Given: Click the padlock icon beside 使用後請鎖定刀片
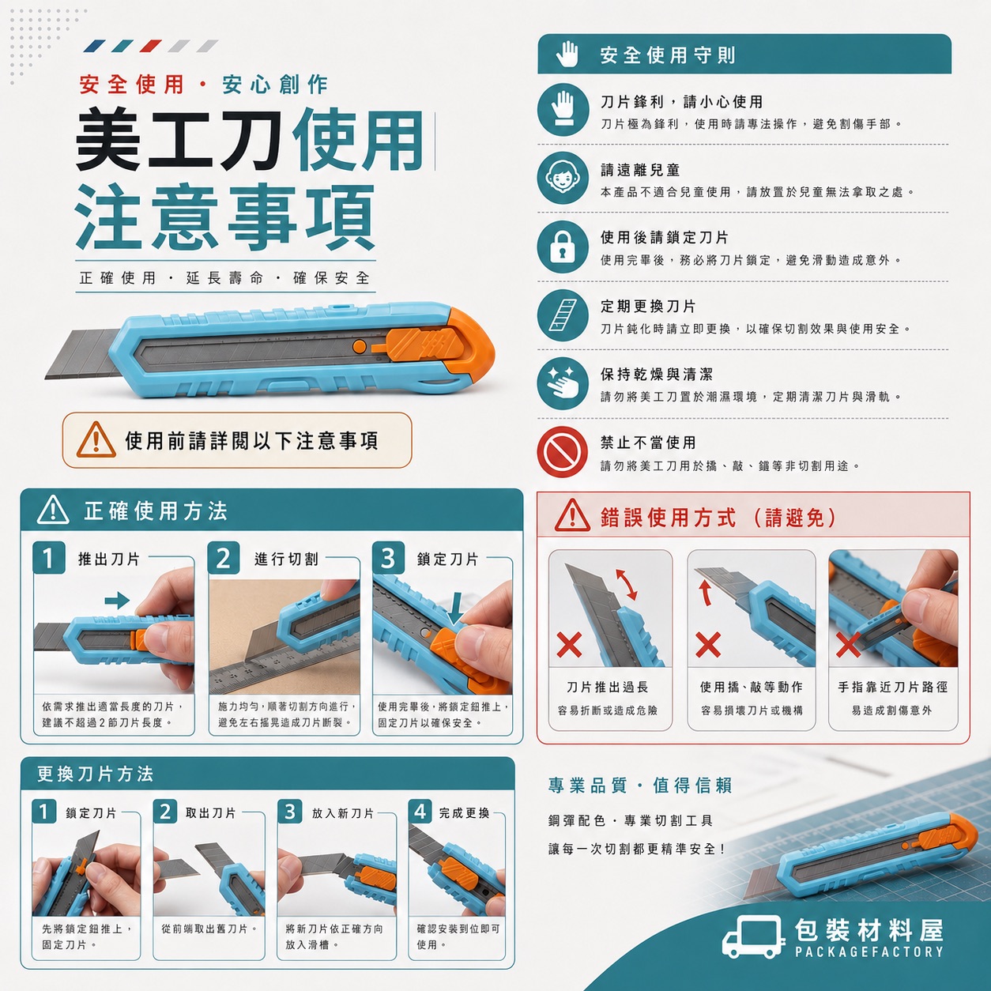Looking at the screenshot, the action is pyautogui.click(x=563, y=247).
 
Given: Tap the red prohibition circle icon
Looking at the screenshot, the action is pyautogui.click(x=563, y=452).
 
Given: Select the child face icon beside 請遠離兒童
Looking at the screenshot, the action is pyautogui.click(x=563, y=178).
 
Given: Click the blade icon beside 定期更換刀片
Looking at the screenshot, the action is pyautogui.click(x=563, y=315).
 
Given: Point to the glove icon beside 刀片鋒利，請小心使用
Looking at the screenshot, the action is pyautogui.click(x=563, y=110).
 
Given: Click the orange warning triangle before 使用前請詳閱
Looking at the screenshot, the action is pyautogui.click(x=96, y=440).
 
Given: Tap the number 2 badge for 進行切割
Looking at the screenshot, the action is pyautogui.click(x=224, y=557).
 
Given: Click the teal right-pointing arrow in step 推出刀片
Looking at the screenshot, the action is pyautogui.click(x=117, y=600).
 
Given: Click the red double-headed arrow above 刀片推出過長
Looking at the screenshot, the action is pyautogui.click(x=627, y=584).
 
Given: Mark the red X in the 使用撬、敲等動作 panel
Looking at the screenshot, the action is pyautogui.click(x=708, y=645).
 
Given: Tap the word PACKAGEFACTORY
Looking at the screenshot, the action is pyautogui.click(x=869, y=952).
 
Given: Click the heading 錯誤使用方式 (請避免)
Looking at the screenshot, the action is pyautogui.click(x=718, y=518).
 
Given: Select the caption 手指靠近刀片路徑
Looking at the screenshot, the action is pyautogui.click(x=893, y=687).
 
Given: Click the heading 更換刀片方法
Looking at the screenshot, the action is pyautogui.click(x=95, y=774).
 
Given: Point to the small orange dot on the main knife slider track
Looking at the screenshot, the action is pyautogui.click(x=360, y=346).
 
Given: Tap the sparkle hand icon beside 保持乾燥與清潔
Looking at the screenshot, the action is pyautogui.click(x=563, y=383).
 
